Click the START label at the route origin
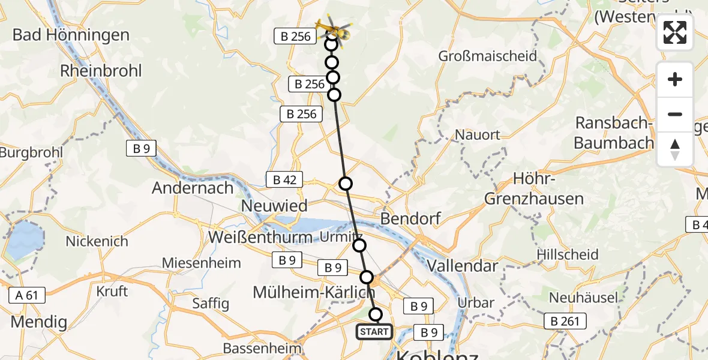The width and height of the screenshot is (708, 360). tap(374, 331)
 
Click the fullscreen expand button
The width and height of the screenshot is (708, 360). tap(675, 32)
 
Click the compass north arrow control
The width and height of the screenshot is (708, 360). tap(675, 149)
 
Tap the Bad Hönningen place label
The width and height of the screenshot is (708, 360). tap(71, 35)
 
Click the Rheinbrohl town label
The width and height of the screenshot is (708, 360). tap(101, 71)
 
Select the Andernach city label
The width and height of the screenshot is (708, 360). tap(193, 188)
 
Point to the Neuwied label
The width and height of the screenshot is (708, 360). tap(274, 206)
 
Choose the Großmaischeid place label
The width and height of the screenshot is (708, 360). tap(487, 57)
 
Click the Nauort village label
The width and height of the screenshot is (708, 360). tap(478, 134)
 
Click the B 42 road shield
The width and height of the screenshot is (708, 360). tap(285, 179)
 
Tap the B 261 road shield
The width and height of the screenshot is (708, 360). tap(565, 321)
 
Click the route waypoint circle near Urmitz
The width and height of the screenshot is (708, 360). tap(359, 245)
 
